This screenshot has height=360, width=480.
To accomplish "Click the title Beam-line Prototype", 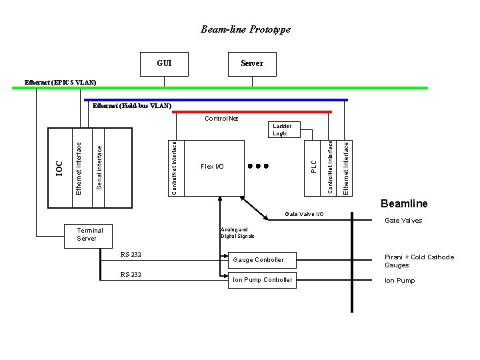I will click(x=245, y=29).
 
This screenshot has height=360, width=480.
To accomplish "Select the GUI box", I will click(x=164, y=63).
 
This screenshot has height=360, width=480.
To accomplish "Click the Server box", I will click(x=251, y=63).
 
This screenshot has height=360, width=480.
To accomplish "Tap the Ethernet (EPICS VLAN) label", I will click(x=60, y=82).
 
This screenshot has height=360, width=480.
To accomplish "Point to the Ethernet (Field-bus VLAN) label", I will click(x=132, y=105).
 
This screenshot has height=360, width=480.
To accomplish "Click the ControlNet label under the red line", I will click(x=221, y=119).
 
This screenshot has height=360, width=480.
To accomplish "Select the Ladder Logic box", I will click(x=280, y=129).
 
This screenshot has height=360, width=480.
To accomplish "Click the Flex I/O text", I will click(x=212, y=167).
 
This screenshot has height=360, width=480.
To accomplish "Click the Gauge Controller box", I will click(x=258, y=259).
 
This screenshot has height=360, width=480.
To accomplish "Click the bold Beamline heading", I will click(x=404, y=203).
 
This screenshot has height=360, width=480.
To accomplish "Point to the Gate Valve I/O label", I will click(x=304, y=214).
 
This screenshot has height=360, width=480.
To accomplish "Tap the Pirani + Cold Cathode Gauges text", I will click(x=419, y=261).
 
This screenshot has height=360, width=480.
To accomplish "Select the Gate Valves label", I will click(x=403, y=221).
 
